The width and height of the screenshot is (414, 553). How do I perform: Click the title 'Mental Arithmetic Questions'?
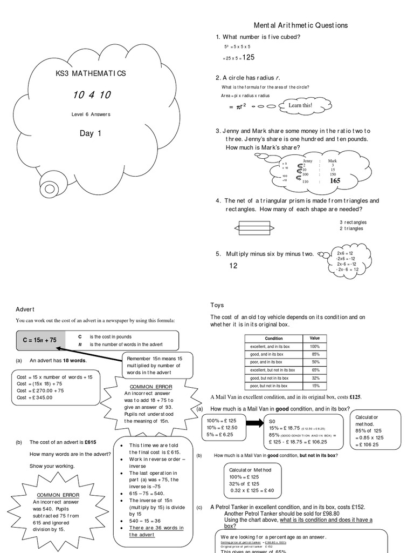click(x=301, y=25)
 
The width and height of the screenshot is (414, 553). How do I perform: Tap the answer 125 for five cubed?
click(x=250, y=57)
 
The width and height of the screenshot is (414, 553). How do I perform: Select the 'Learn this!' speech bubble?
click(x=300, y=105)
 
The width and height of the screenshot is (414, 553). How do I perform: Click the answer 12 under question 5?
click(x=233, y=266)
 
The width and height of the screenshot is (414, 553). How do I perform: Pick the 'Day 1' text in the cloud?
click(x=91, y=133)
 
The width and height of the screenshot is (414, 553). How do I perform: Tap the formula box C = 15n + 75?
click(x=40, y=340)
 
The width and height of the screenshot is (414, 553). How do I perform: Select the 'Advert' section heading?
click(x=25, y=309)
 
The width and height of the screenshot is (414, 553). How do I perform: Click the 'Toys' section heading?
click(x=217, y=305)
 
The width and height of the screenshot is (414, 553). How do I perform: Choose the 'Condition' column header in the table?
click(x=274, y=339)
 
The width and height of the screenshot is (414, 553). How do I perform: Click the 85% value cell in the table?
click(x=315, y=354)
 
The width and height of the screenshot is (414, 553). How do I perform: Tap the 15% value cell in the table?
click(x=315, y=386)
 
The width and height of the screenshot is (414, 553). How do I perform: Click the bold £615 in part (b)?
click(x=90, y=442)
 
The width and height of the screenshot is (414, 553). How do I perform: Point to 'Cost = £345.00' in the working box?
click(x=34, y=397)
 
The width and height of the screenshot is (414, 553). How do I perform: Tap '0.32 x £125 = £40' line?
click(x=252, y=490)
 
